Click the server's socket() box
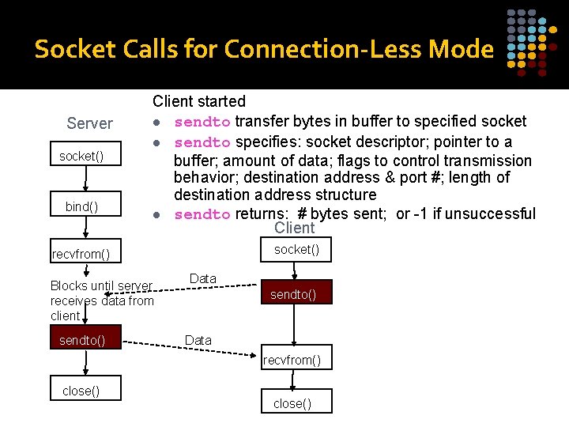pos(81,157)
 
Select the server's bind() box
pos(81,206)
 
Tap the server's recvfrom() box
pos(81,254)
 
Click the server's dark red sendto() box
pos(81,341)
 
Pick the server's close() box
pos(81,391)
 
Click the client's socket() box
pos(296,250)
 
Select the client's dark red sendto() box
pos(293,295)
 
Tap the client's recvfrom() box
pos(292,361)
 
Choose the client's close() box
pos(292,403)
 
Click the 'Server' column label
pos(90,123)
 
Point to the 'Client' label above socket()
pos(294,228)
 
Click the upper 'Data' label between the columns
pos(203,279)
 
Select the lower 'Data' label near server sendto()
pos(198,340)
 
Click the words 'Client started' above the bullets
pos(199,101)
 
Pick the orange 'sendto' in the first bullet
pos(202,122)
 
